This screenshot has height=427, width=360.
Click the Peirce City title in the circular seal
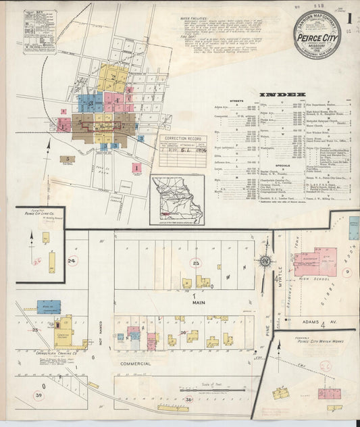pos(317,39)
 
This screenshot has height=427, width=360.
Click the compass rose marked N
pos(265,260)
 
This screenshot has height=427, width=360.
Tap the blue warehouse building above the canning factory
pos(49,307)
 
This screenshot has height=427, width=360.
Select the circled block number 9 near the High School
pos(347,272)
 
